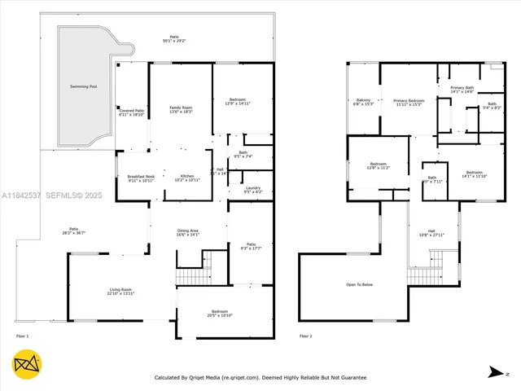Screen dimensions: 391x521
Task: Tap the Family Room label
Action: pos(181,109)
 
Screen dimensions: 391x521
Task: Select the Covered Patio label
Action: pos(131,112)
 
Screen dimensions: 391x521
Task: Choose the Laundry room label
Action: pos(252,189)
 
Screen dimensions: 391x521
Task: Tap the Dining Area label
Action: pos(188,232)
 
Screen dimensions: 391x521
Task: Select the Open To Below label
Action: pos(359,284)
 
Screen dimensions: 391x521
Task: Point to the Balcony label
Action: pos(363,101)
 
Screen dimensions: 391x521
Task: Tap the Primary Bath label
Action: pos(462,89)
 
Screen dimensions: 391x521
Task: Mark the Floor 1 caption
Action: pos(22,336)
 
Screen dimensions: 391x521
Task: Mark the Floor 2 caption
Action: pos(304,336)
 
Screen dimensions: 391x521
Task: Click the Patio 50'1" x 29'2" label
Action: pos(173,38)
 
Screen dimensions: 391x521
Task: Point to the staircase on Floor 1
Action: pos(190,272)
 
